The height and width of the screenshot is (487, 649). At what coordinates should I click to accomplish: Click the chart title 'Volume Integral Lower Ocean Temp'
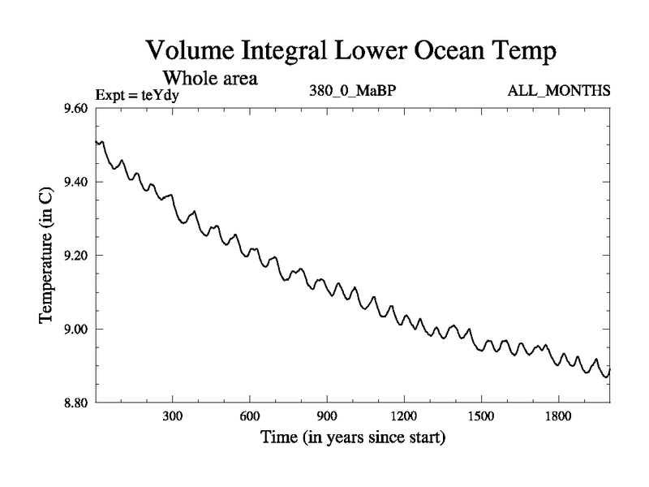click(352, 51)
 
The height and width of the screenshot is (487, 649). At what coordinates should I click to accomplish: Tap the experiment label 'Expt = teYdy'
click(137, 95)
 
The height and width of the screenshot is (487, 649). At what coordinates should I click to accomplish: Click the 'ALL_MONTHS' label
click(559, 90)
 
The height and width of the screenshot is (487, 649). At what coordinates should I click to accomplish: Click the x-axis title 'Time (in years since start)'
click(353, 439)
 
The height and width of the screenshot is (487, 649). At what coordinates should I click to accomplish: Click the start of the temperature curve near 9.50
click(97, 142)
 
